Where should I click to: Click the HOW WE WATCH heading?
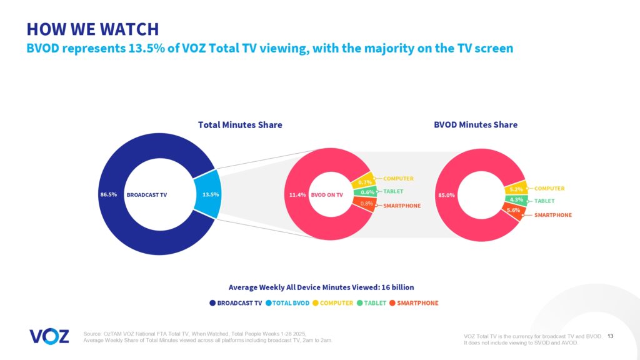coord(92,29)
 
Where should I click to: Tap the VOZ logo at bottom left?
coord(49,336)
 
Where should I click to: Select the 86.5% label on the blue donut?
coord(109,194)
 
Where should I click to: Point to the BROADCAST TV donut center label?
coord(147,194)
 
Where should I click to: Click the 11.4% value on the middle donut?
coord(297,194)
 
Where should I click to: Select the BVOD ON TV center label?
coord(327,194)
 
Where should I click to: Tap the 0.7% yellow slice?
coord(365,182)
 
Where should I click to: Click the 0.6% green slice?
coord(367,192)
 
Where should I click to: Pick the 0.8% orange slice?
coord(366,204)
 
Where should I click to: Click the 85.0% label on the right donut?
coord(447,195)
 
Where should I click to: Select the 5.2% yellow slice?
coord(516,189)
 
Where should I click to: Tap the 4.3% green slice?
coord(516,200)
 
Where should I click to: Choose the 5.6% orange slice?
coord(513,211)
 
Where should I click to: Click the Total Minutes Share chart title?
coord(240,125)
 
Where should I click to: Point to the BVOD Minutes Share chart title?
coord(476,125)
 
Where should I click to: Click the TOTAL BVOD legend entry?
coord(288,303)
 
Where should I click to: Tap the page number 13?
coord(611,336)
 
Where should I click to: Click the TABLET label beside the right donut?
coord(544,201)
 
